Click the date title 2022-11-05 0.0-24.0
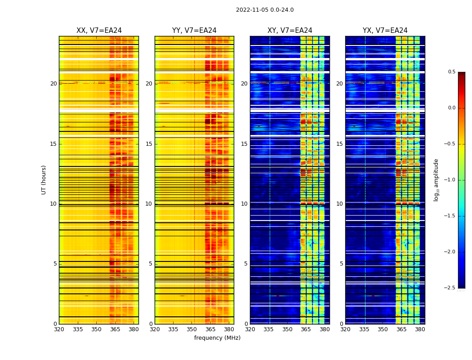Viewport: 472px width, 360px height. [265, 10]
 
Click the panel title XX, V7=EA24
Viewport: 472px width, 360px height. [99, 31]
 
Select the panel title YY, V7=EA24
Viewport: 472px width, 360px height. [194, 31]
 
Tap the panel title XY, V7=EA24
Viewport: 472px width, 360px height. [289, 31]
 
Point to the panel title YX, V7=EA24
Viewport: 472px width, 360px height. [385, 31]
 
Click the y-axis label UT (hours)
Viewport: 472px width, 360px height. [44, 180]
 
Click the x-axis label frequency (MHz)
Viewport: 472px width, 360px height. [217, 338]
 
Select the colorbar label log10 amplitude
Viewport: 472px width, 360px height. [436, 180]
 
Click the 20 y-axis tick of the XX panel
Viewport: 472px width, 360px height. [53, 84]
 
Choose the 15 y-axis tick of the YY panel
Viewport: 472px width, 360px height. [149, 144]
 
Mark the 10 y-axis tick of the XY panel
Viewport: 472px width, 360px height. [244, 204]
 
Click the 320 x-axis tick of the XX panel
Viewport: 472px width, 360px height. [59, 329]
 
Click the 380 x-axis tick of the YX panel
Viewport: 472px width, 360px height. [420, 329]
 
